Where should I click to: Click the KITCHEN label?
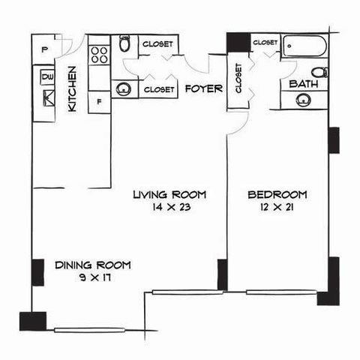[72, 89]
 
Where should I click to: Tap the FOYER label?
[204, 88]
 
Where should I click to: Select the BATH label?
[304, 84]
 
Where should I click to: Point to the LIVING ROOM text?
[169, 194]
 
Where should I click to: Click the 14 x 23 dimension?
[172, 207]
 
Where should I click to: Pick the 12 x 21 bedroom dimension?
[277, 207]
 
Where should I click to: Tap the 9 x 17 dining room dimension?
[95, 277]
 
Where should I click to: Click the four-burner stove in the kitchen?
[99, 55]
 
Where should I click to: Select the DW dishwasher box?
[47, 77]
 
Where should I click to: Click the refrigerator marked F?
[99, 102]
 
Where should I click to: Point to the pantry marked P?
[44, 49]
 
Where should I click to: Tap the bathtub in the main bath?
[304, 46]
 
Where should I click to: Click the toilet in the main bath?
[319, 72]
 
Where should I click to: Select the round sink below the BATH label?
[303, 100]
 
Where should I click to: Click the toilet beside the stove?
[124, 43]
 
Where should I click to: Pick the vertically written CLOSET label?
[238, 78]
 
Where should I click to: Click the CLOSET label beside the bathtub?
[265, 43]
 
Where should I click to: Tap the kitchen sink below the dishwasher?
[49, 98]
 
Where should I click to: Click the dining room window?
[89, 330]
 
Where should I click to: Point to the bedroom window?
[281, 292]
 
